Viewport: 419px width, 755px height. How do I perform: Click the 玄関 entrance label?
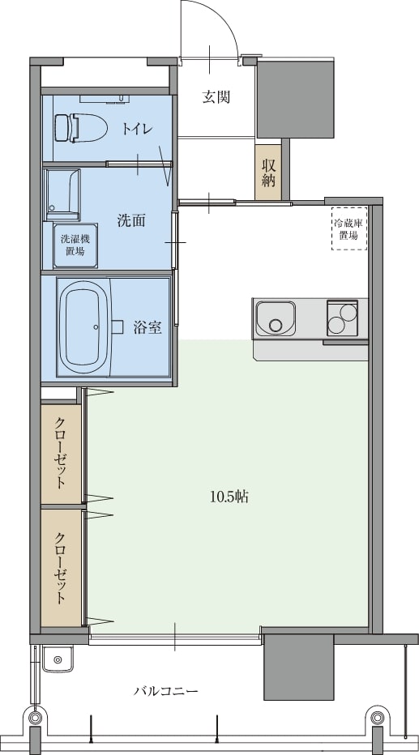coord(216,97)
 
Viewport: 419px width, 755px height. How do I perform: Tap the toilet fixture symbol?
coord(80,128)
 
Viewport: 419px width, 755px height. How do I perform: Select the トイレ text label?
coord(138,129)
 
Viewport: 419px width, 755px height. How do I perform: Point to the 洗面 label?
coord(131,221)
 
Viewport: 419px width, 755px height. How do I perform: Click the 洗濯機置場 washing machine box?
coord(75,245)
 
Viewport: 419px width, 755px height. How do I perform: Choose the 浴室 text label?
coord(148,328)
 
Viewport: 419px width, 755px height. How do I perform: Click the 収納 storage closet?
coord(268,172)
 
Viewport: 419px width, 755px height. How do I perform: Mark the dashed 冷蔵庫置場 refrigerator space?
coord(349,228)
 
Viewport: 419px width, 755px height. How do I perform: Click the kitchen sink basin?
coord(275,318)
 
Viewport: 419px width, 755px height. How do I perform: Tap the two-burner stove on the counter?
coord(343,318)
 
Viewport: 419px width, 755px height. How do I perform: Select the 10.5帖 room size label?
coord(229,497)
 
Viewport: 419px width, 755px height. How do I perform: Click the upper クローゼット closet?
coord(61,454)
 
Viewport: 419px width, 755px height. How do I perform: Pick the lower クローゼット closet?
coord(61,568)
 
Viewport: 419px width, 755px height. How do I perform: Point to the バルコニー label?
coord(165,692)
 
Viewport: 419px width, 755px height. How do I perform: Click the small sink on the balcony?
coord(58,659)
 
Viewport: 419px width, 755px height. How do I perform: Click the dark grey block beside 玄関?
coord(296,98)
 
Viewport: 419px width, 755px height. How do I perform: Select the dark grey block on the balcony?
coord(298,667)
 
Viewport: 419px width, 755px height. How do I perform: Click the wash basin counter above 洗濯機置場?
coord(62,192)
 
